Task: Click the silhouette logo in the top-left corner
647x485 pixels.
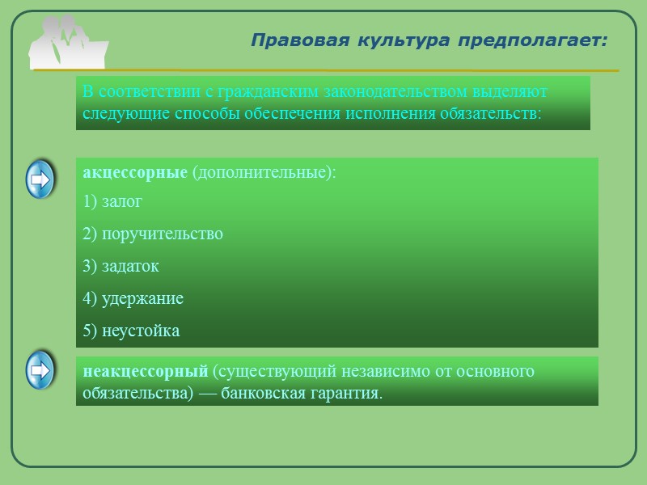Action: coord(68,41)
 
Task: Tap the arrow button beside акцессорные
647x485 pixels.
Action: coord(40,179)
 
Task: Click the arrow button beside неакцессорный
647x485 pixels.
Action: coord(40,371)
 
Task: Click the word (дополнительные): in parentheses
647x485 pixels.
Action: coord(264,173)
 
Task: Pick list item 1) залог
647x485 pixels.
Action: coord(112,201)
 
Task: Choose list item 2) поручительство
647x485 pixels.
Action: coord(153,234)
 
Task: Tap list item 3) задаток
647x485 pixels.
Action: coord(121,266)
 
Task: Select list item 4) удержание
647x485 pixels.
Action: coord(133,298)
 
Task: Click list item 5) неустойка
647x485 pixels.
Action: coord(131,331)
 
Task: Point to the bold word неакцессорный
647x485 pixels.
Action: coord(146,372)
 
